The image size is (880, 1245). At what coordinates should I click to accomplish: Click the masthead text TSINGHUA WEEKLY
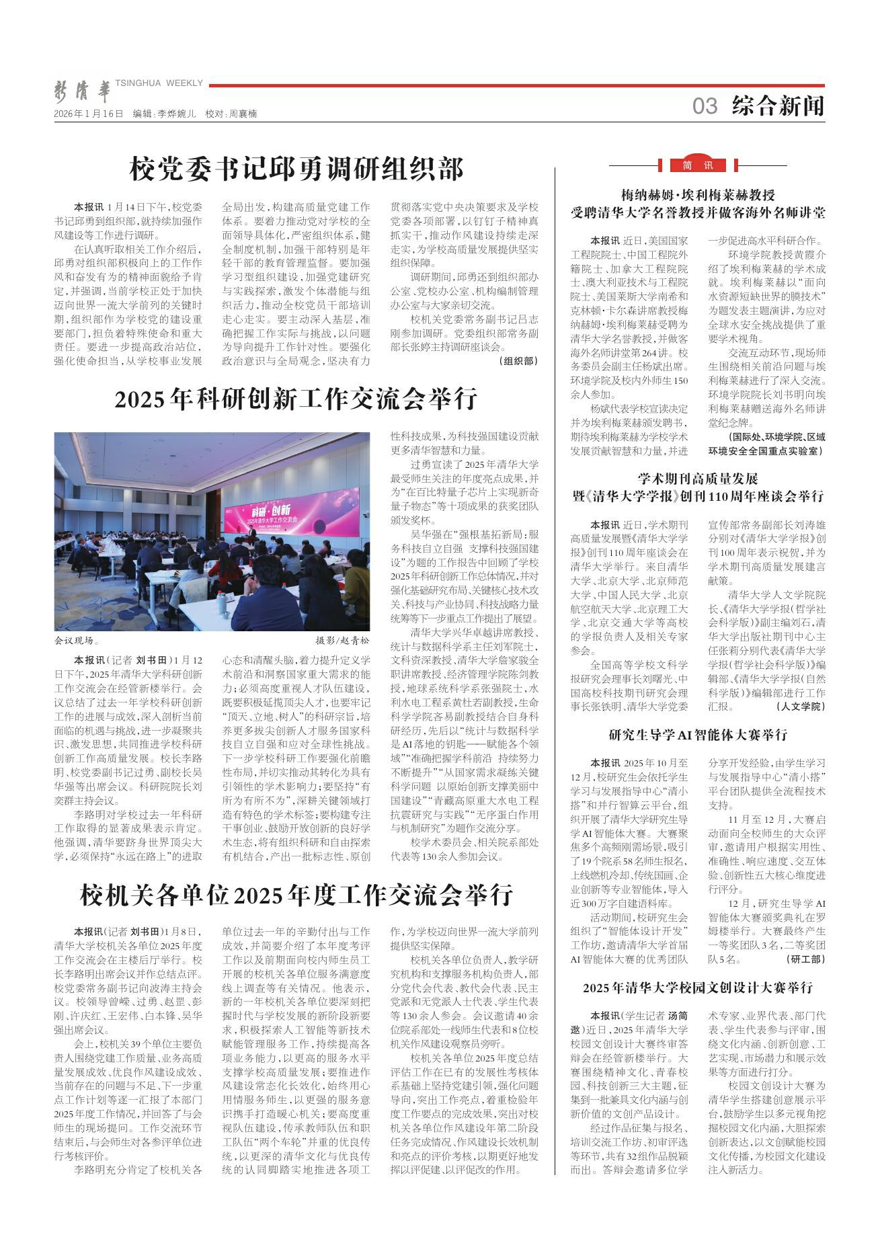tap(159, 83)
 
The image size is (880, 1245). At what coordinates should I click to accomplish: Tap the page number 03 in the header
tap(705, 106)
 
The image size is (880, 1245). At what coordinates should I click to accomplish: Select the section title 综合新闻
tap(778, 106)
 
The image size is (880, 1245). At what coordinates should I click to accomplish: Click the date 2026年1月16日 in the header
tap(89, 114)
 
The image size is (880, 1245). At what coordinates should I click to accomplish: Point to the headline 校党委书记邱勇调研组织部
tap(296, 169)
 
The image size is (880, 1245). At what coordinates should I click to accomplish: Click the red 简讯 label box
tap(697, 165)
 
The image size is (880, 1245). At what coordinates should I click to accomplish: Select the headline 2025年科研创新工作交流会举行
tap(296, 399)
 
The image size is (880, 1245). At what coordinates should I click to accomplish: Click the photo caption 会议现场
tap(77, 641)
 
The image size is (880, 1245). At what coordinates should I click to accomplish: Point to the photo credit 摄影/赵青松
tap(342, 641)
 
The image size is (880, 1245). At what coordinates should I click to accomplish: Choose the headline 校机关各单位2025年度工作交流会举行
tap(296, 895)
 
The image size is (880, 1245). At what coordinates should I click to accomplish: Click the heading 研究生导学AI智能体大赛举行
tap(697, 735)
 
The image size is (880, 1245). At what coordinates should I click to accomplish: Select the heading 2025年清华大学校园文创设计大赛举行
tap(697, 988)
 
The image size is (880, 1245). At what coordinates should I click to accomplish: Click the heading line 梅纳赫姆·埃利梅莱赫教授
tap(697, 196)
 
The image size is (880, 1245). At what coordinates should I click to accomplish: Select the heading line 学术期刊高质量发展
tap(697, 479)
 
